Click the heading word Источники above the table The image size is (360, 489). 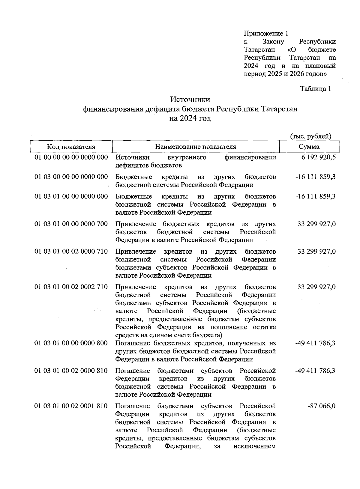(x=190, y=99)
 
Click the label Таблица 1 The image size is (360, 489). (x=316, y=89)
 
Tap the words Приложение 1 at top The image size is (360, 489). (x=266, y=33)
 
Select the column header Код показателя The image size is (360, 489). (x=71, y=147)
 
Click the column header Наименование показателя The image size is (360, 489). (x=196, y=147)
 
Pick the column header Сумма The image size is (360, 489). (x=309, y=147)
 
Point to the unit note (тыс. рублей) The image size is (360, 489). (x=311, y=136)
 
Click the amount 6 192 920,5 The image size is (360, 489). (x=317, y=157)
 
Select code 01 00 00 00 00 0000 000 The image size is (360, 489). (x=71, y=157)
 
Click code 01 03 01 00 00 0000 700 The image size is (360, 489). (x=71, y=224)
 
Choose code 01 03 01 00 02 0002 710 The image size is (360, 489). (x=71, y=287)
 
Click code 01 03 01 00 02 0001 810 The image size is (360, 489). (x=71, y=406)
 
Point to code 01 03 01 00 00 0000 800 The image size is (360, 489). (x=71, y=343)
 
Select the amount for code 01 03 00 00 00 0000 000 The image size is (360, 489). (x=315, y=177)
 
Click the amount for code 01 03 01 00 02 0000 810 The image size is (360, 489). (x=315, y=371)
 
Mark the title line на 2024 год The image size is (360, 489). (x=190, y=118)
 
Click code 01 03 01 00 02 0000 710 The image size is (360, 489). (x=71, y=251)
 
